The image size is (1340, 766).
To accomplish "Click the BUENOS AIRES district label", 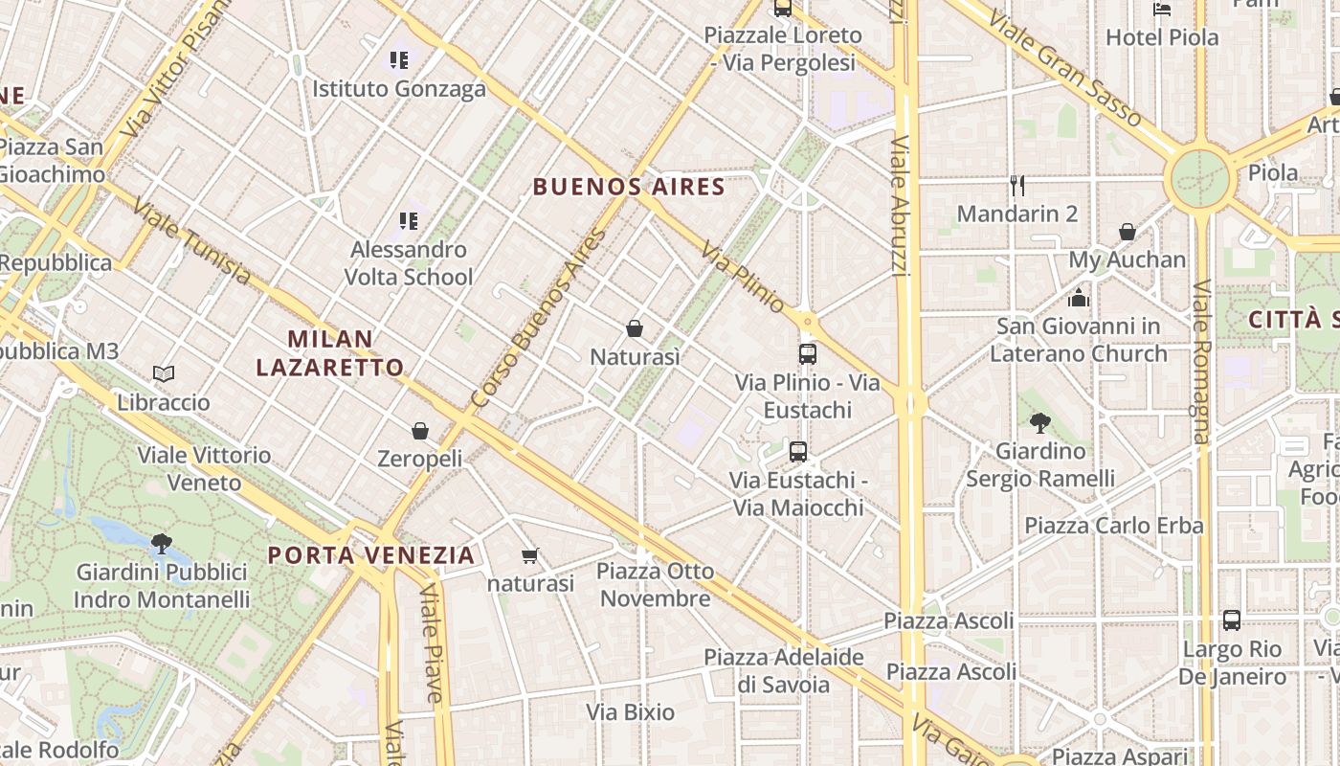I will point(629,187).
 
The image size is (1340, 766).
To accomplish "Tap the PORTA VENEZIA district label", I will point(371,555).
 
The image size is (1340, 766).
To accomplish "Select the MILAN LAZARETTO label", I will point(330,352).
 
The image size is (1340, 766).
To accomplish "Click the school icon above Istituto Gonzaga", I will point(399,60).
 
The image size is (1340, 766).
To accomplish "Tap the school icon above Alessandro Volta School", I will point(409,221).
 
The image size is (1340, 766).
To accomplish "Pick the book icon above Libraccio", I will point(164,373).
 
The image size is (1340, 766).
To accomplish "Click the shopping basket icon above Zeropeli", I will point(419,431).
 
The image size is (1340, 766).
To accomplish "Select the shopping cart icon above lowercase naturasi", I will point(530,555).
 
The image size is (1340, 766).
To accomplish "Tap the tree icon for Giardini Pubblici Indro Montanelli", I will point(162,544).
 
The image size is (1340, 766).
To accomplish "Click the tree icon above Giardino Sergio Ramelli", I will point(1040,422).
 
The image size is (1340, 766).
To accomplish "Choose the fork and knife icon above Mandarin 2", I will point(1017,185).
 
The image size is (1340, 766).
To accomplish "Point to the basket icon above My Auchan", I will point(1128,232).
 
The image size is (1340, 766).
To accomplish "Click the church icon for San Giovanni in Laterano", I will point(1079,298).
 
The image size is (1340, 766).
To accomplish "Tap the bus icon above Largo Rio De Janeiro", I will point(1232,620).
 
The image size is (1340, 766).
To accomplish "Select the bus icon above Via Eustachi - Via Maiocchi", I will point(798,452).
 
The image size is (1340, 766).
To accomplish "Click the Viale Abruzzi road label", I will point(901,206).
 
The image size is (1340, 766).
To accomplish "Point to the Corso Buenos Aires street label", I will point(540,318).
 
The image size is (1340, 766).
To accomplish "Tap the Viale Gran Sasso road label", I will point(1065,69).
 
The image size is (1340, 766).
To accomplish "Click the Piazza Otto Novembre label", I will point(655,585).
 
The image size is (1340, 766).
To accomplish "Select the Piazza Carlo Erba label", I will point(1114,526).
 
